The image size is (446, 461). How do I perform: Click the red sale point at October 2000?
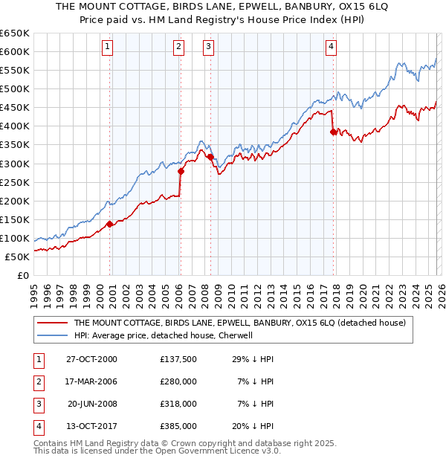(x=110, y=223)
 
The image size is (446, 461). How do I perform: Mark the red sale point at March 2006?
(x=181, y=170)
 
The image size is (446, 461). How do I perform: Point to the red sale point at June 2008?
(x=210, y=157)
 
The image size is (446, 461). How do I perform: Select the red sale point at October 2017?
(x=333, y=132)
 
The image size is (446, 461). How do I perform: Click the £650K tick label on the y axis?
(x=15, y=33)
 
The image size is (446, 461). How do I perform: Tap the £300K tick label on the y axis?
(x=15, y=164)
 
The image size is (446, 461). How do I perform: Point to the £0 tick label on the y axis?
(x=23, y=275)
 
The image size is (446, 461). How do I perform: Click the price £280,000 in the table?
(x=178, y=381)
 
